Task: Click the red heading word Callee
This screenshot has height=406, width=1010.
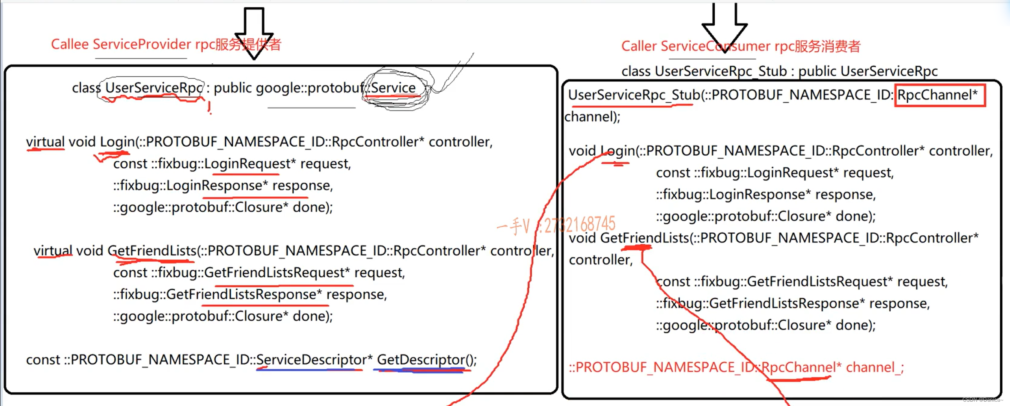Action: pos(70,44)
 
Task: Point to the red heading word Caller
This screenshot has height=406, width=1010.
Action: pos(639,46)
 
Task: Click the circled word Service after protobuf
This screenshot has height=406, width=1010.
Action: pos(393,88)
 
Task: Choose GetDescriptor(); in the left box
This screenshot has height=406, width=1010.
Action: pos(426,360)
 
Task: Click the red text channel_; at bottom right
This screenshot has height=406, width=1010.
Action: pos(875,367)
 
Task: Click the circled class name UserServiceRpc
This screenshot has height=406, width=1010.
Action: pos(153,88)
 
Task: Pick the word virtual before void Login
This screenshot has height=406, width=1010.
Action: pos(45,142)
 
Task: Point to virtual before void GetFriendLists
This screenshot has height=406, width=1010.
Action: pos(53,251)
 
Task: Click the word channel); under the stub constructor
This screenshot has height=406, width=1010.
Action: pos(592,117)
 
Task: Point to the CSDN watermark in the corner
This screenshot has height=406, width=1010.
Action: pos(982,400)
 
